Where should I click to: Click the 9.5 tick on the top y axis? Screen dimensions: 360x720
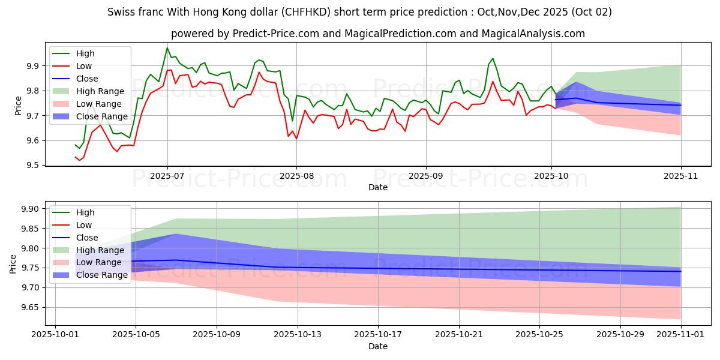tap(34, 166)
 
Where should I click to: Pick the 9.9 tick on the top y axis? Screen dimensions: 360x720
tap(34, 66)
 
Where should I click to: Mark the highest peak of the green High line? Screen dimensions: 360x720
tap(167, 48)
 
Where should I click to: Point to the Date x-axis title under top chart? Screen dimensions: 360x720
tap(378, 188)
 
